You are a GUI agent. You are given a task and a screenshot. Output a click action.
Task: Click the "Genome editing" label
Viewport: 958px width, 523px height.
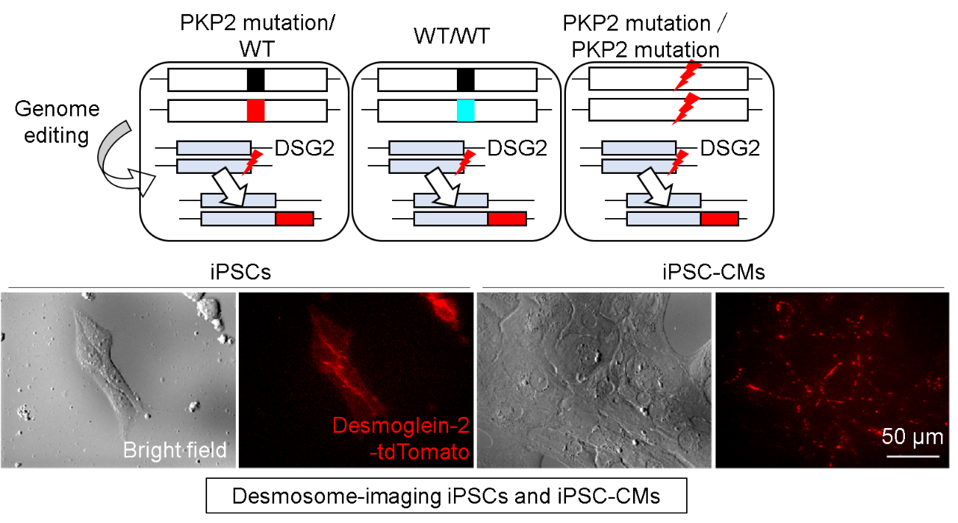[57, 122]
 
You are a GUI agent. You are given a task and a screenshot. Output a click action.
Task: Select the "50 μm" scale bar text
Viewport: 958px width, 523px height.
[912, 437]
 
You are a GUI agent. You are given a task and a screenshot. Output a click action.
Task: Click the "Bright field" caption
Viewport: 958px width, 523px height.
[175, 449]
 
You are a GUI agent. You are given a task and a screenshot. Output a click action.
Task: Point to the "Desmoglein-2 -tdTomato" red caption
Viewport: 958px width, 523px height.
[401, 438]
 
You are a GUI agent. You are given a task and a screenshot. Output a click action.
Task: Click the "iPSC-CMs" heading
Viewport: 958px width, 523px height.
[713, 273]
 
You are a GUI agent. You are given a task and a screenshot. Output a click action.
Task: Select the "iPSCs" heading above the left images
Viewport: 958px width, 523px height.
[240, 273]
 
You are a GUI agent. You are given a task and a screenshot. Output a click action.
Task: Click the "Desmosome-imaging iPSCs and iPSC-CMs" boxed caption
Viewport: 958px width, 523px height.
[447, 496]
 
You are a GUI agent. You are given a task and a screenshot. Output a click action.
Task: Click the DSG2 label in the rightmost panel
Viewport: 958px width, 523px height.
[730, 150]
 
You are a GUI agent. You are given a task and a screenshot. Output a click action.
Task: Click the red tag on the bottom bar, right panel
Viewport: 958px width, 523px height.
[719, 218]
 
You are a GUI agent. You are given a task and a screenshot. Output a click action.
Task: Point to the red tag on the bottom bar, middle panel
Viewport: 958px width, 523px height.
[507, 218]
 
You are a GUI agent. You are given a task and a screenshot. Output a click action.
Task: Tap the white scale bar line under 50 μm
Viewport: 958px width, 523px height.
[912, 456]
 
